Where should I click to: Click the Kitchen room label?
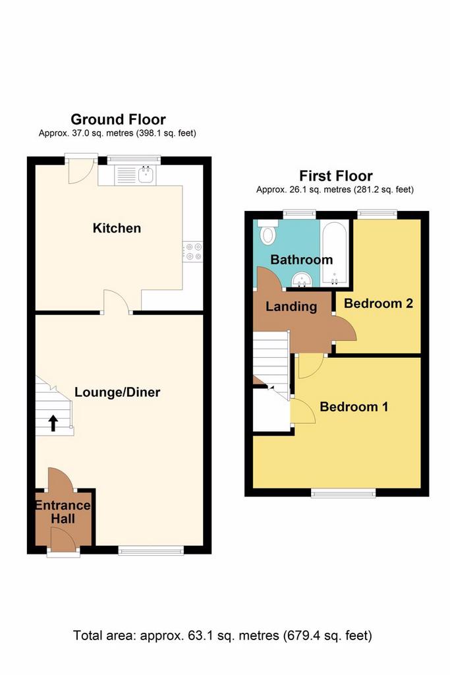tap(117, 228)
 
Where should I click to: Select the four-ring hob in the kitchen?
tap(193, 252)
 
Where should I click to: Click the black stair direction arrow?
tap(53, 423)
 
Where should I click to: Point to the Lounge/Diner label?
tap(117, 392)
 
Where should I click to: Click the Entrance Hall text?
tap(63, 512)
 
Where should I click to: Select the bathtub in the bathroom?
tap(334, 252)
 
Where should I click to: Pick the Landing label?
tap(291, 307)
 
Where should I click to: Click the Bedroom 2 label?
tap(378, 303)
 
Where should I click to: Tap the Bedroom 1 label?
tap(354, 406)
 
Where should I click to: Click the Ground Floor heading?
tap(119, 119)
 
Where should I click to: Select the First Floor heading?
tap(336, 175)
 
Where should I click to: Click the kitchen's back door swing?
tap(80, 171)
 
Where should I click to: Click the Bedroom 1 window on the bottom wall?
tap(343, 492)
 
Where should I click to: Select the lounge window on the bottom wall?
tap(151, 550)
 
